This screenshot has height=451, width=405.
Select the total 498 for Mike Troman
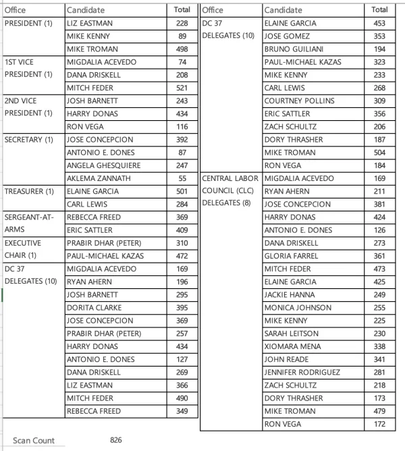coord(182,49)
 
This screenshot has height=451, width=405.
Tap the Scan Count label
coord(34,440)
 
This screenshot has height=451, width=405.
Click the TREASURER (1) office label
coord(30,191)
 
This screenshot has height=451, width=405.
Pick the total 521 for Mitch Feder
coord(182,88)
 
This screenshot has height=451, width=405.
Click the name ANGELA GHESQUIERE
coord(103,165)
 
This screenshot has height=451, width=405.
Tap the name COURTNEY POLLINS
coord(299,101)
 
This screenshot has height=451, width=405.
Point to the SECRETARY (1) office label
coord(29,140)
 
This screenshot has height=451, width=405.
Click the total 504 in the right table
coord(379,153)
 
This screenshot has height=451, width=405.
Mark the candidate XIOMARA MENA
coord(292,346)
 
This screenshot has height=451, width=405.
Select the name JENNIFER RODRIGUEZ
coord(302,372)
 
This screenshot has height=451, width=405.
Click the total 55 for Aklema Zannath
coord(182,178)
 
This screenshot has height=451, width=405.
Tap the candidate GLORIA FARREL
coord(292,256)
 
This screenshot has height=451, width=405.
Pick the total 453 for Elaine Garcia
coord(379,24)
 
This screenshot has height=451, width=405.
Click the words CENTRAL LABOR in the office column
coord(231,178)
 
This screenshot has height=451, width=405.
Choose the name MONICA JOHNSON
coord(297,307)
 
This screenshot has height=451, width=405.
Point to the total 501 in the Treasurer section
coord(182,191)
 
